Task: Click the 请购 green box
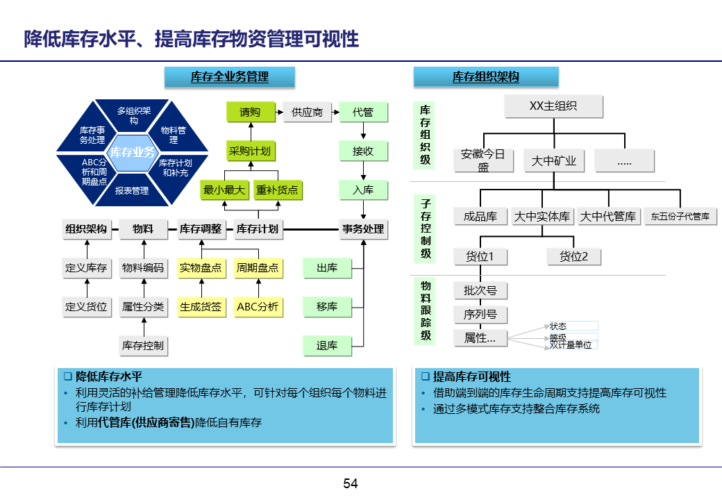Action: click(250, 112)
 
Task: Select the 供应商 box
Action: click(307, 112)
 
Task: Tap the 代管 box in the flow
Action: click(363, 112)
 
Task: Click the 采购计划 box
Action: click(250, 151)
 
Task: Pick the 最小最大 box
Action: click(224, 190)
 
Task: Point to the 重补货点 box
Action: click(277, 190)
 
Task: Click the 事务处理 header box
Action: click(363, 228)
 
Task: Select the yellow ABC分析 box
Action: click(258, 306)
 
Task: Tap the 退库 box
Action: click(327, 345)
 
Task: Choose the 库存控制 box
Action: click(143, 345)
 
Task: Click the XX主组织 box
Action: click(553, 106)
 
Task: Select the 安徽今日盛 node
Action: click(484, 160)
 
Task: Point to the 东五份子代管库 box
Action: click(680, 217)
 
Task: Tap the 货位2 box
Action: click(573, 256)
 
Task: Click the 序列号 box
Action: click(480, 314)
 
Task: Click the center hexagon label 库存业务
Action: click(133, 152)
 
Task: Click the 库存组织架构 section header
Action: click(486, 77)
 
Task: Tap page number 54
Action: click(351, 483)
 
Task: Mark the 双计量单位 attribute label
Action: click(571, 344)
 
